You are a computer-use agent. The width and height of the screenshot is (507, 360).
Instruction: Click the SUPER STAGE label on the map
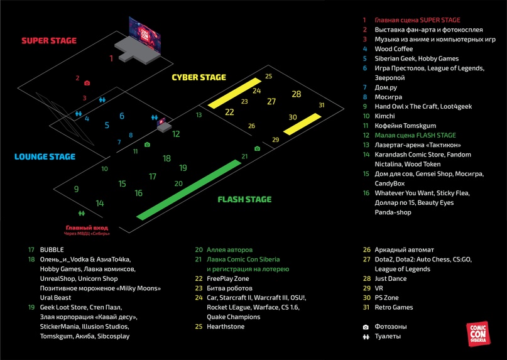click(49, 41)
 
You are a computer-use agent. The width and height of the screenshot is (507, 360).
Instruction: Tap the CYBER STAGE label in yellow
click(199, 78)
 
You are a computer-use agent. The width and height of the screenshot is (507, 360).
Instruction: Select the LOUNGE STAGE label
click(45, 157)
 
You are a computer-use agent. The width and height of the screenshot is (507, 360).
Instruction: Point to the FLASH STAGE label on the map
click(244, 200)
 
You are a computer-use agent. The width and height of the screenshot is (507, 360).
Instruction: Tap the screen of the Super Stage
click(145, 31)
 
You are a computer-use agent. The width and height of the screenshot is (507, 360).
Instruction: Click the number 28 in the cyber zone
click(297, 94)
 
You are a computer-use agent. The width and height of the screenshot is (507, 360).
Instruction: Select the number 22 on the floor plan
click(229, 112)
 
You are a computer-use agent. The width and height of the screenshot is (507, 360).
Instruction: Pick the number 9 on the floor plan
click(76, 188)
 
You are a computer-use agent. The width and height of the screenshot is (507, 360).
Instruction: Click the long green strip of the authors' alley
click(188, 188)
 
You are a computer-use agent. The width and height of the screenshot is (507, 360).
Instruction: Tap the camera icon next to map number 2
click(87, 83)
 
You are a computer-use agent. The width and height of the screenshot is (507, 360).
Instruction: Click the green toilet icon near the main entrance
click(82, 214)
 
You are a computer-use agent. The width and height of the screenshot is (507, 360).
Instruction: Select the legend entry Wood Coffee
click(394, 49)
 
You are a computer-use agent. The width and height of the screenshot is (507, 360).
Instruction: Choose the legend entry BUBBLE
click(52, 249)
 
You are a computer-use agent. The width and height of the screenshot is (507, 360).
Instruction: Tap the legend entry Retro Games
click(394, 307)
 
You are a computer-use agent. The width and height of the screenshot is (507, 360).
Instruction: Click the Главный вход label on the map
click(87, 227)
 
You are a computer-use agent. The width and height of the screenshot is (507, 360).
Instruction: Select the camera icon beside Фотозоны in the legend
click(366, 327)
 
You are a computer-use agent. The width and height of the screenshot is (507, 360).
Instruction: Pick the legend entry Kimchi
click(384, 116)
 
